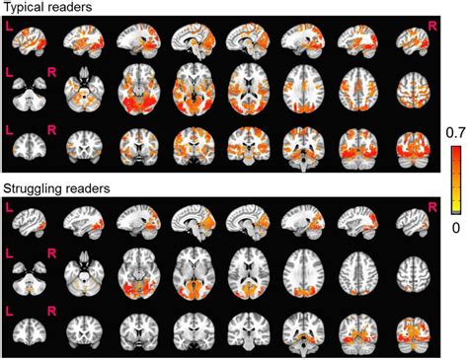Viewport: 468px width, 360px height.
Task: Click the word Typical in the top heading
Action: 24,8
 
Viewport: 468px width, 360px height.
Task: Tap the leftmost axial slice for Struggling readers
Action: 31,280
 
